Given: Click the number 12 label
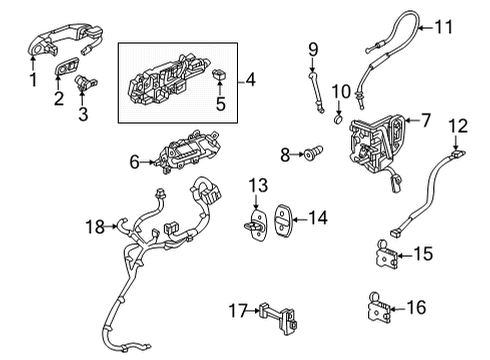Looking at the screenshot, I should pos(458,127).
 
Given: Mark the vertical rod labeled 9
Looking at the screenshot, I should pos(313,79).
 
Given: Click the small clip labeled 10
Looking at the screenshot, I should pos(339,122).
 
